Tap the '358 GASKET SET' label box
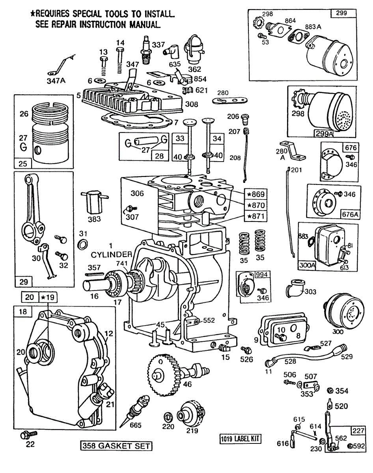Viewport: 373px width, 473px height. point(116,446)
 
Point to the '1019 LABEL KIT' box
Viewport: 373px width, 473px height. point(241,439)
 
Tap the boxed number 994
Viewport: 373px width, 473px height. point(261,274)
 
